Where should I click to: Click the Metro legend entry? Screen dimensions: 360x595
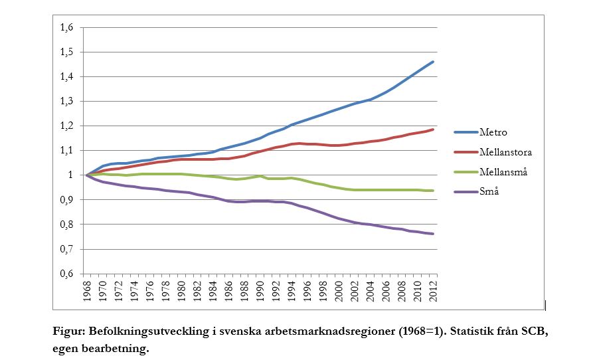492,132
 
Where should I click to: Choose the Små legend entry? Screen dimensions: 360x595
488,191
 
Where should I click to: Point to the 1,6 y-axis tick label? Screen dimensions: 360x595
66,28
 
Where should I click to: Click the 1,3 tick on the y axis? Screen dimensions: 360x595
66,102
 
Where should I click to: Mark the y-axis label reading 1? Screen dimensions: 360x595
71,175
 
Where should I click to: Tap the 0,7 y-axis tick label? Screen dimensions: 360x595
66,249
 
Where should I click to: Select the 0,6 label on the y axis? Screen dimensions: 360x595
66,274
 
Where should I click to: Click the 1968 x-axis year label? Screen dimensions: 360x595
87,292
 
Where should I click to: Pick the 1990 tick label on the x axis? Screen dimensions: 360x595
260,292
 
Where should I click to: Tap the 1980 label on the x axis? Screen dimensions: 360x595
181,292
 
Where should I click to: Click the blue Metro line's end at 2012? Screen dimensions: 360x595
434,62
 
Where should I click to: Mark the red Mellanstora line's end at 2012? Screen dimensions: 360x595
434,129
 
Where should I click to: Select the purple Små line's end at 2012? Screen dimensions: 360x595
434,234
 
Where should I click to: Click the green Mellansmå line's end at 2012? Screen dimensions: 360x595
434,191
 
